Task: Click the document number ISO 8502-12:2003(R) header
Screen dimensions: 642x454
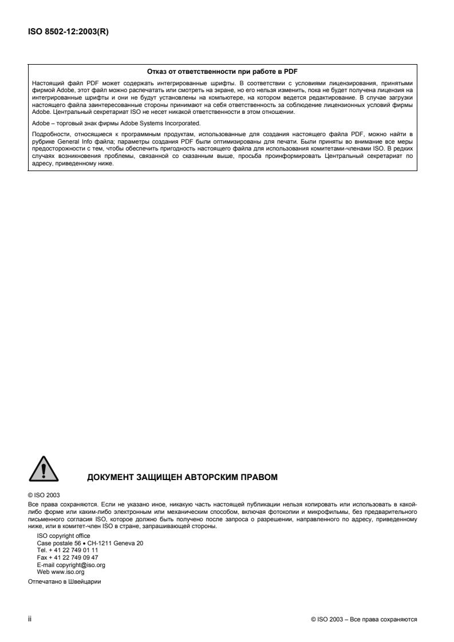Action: (68, 32)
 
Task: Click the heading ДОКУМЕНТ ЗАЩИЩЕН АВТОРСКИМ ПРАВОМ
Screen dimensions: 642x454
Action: (182, 477)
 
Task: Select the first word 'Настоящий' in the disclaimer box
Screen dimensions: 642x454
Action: (46, 83)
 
